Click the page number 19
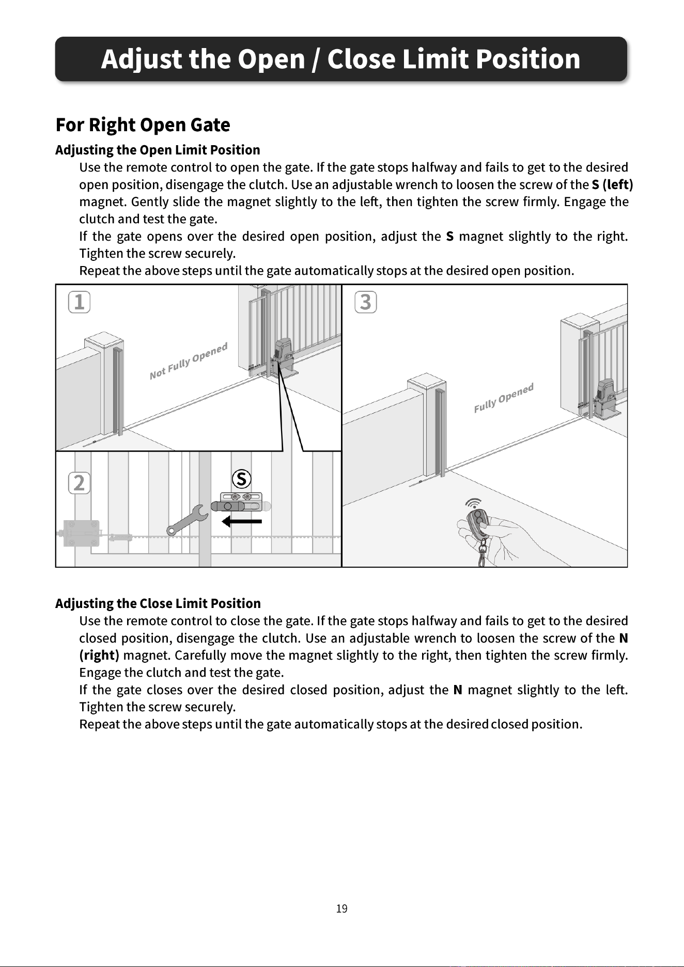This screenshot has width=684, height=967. click(341, 909)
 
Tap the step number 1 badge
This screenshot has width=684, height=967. click(79, 302)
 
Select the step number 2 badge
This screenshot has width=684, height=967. click(79, 483)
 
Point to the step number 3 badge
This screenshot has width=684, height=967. click(366, 302)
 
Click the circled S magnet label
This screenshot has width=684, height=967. click(242, 479)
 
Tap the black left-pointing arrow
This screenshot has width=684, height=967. click(242, 521)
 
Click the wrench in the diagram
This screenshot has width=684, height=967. click(187, 520)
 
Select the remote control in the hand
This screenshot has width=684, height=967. click(478, 523)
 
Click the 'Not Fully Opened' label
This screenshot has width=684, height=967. click(189, 361)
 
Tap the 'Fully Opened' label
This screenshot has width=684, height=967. click(504, 398)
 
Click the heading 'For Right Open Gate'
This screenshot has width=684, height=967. click(143, 125)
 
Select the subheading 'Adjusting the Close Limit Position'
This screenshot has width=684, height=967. click(158, 603)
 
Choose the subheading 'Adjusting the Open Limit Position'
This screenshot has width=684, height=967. click(158, 150)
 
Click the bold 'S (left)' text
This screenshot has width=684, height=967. click(613, 184)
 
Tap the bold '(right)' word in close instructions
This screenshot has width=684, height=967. click(99, 656)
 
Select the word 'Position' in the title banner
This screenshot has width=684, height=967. click(528, 59)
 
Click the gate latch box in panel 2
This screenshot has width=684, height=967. click(81, 533)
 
